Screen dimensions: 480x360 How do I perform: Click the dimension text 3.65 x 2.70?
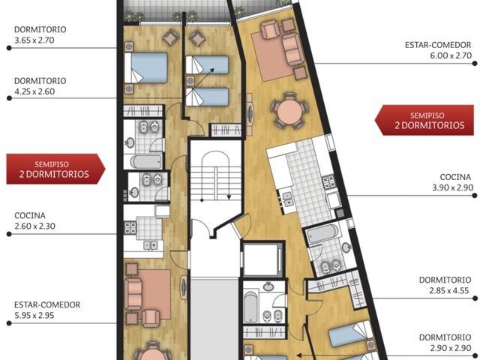(x=34, y=40)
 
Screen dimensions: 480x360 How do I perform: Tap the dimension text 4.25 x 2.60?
(x=34, y=91)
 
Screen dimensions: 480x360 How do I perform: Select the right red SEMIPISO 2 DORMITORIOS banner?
(x=424, y=120)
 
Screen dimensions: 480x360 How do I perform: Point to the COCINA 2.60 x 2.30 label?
(x=35, y=220)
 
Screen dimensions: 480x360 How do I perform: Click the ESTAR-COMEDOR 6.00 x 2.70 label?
(x=438, y=50)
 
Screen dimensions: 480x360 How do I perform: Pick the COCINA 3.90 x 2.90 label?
(x=453, y=182)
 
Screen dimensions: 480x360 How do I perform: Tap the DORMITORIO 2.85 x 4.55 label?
(x=445, y=285)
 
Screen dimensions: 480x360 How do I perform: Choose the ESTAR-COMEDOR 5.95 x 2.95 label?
(x=47, y=310)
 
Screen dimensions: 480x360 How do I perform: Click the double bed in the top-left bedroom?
(x=146, y=67)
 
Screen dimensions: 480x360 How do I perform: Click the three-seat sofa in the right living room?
(x=293, y=49)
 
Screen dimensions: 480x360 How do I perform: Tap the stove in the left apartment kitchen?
(x=130, y=227)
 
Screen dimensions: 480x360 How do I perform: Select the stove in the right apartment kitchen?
(x=329, y=181)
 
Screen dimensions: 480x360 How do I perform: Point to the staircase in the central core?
(x=216, y=176)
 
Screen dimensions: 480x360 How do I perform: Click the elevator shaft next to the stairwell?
(x=262, y=259)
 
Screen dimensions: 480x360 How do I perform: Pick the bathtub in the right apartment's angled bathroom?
(x=322, y=233)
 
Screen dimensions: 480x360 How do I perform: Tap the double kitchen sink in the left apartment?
(x=151, y=245)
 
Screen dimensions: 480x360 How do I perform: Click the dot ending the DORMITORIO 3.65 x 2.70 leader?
(x=9, y=48)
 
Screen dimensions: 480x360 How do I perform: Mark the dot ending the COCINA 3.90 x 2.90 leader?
(x=475, y=196)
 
